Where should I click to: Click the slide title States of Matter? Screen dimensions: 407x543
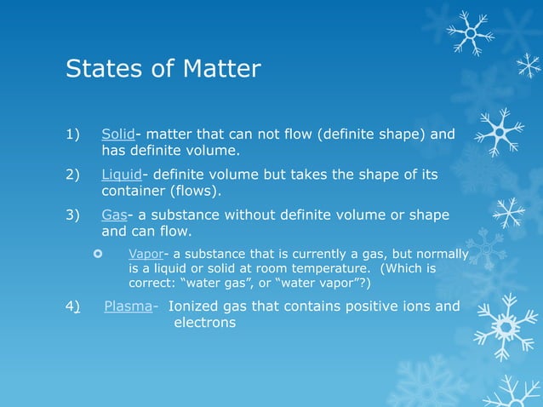click(x=163, y=68)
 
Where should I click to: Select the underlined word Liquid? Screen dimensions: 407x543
click(x=122, y=175)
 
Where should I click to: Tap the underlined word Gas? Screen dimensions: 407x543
click(x=114, y=214)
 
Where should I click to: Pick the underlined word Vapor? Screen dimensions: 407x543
click(x=145, y=254)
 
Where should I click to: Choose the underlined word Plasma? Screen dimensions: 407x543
click(x=129, y=306)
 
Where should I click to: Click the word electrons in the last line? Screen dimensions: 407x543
click(x=204, y=323)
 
